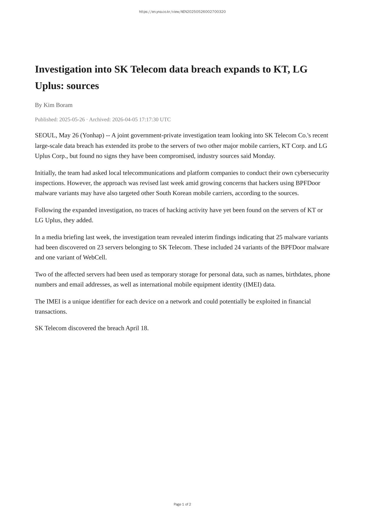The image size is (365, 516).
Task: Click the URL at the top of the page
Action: tap(182, 12)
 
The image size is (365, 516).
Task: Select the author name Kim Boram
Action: tap(58, 105)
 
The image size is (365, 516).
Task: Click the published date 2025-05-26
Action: tap(72, 120)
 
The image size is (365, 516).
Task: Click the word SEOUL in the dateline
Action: tap(45, 135)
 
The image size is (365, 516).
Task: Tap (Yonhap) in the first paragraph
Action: tap(92, 135)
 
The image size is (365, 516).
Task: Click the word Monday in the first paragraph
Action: tap(263, 156)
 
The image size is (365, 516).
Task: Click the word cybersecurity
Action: tap(312, 173)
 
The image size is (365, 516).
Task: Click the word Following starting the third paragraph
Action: tap(48, 210)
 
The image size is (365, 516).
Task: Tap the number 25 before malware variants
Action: tap(279, 237)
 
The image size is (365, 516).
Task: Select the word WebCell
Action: tap(94, 257)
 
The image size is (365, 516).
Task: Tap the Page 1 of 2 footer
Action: tap(182, 504)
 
